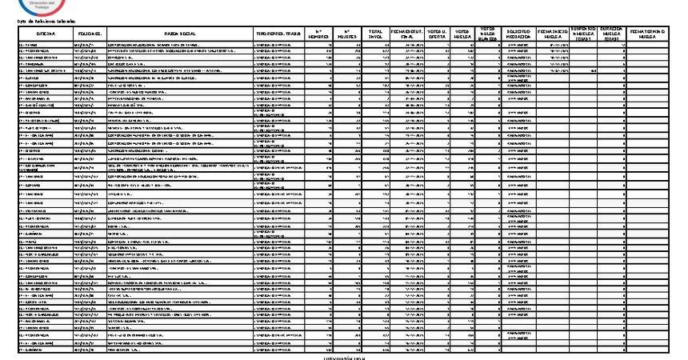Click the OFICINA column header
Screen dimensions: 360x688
44,34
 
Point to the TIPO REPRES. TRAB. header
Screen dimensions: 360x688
278,34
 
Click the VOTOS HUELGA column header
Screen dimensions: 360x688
463,34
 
